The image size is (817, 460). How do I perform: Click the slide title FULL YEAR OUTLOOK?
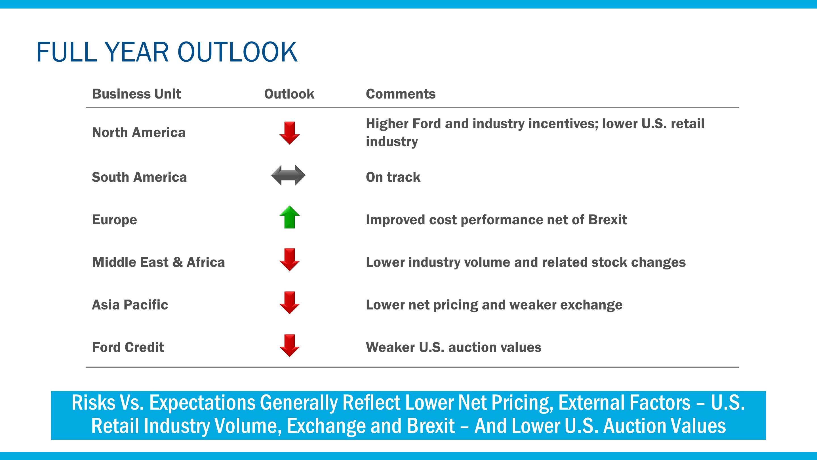[x=167, y=52]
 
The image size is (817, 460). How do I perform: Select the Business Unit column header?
[x=136, y=94]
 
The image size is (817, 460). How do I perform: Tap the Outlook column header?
[x=289, y=94]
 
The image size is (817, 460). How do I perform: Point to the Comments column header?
[x=401, y=94]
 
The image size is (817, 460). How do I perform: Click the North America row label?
[x=139, y=133]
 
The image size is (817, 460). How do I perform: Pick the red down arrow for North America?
[x=290, y=133]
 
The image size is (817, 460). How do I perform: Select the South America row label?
[x=139, y=177]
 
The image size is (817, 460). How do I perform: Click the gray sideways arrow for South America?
[x=288, y=175]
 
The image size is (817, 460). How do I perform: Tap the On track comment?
[x=393, y=177]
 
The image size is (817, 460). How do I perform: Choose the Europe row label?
[x=115, y=220]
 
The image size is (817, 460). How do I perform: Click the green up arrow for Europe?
[x=290, y=217]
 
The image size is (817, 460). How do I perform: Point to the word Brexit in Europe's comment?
[x=607, y=220]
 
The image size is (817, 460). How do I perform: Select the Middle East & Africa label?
[x=158, y=262]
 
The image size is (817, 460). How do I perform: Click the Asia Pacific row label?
[x=130, y=305]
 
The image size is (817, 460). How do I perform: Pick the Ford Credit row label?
[x=128, y=347]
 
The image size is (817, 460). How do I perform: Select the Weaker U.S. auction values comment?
[x=454, y=347]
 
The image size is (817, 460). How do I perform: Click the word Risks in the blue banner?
[x=93, y=403]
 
